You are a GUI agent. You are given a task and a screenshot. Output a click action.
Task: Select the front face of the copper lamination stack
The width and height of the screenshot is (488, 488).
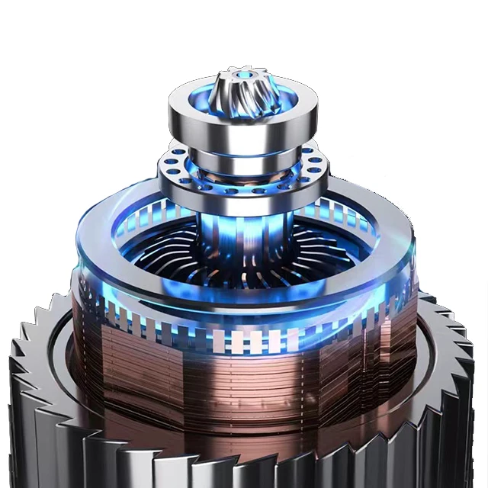[242, 389]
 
